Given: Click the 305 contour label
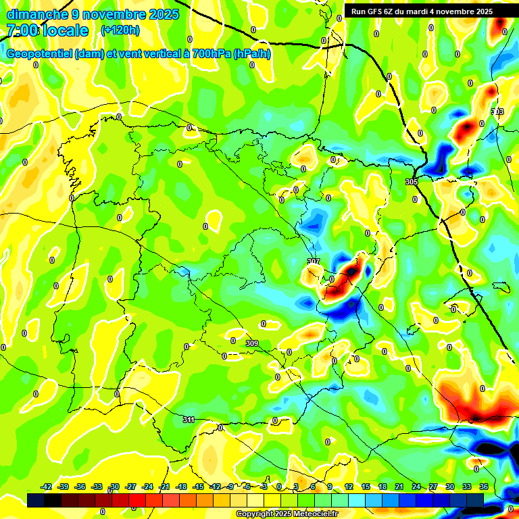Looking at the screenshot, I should pos(412,182).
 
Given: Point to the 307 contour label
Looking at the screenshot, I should pos(313,262).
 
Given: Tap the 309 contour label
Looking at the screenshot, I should pos(252,344).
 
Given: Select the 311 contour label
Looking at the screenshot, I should pos(189,420).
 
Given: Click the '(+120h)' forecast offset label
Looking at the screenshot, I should pos(120,30).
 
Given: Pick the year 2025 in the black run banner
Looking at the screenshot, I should pos(480,11).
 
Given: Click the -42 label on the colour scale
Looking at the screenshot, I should pos(47,487).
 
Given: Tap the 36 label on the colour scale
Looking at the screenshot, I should pos(484,487).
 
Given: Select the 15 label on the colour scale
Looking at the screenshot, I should pos(365,487).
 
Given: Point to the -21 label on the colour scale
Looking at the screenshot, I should pos(164,487).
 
